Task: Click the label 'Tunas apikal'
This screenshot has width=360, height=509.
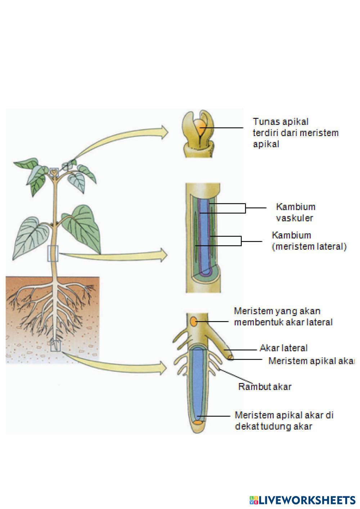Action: pos(280,122)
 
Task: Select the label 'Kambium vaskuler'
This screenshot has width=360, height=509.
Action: pos(295,212)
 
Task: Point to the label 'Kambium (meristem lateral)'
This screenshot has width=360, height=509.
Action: pos(309,241)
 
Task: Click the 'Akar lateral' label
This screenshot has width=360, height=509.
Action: pos(284,348)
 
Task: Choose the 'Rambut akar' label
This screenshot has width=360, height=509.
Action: pos(265,387)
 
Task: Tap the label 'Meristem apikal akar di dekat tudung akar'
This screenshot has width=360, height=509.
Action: pos(284,420)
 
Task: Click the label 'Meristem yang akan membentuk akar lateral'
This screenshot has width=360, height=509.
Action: pos(283,316)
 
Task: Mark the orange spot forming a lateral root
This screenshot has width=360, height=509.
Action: pos(194,321)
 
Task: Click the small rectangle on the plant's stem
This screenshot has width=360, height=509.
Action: pos(53,253)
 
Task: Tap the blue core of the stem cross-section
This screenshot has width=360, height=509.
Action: pos(204,238)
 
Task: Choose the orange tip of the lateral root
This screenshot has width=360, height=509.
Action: pos(230,357)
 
